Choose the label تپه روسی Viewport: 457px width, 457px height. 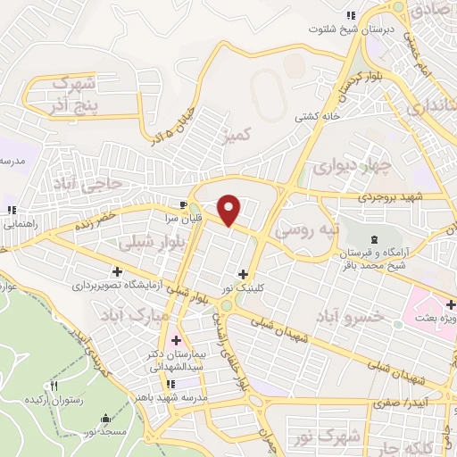[x=308, y=229]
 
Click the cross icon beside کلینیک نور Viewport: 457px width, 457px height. [x=243, y=274]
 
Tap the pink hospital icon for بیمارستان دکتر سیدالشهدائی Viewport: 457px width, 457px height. [x=175, y=340]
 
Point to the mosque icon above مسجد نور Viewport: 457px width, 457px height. [x=107, y=418]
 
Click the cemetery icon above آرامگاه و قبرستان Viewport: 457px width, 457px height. [x=374, y=238]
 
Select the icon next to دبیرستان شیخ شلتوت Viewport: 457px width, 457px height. [x=351, y=15]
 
